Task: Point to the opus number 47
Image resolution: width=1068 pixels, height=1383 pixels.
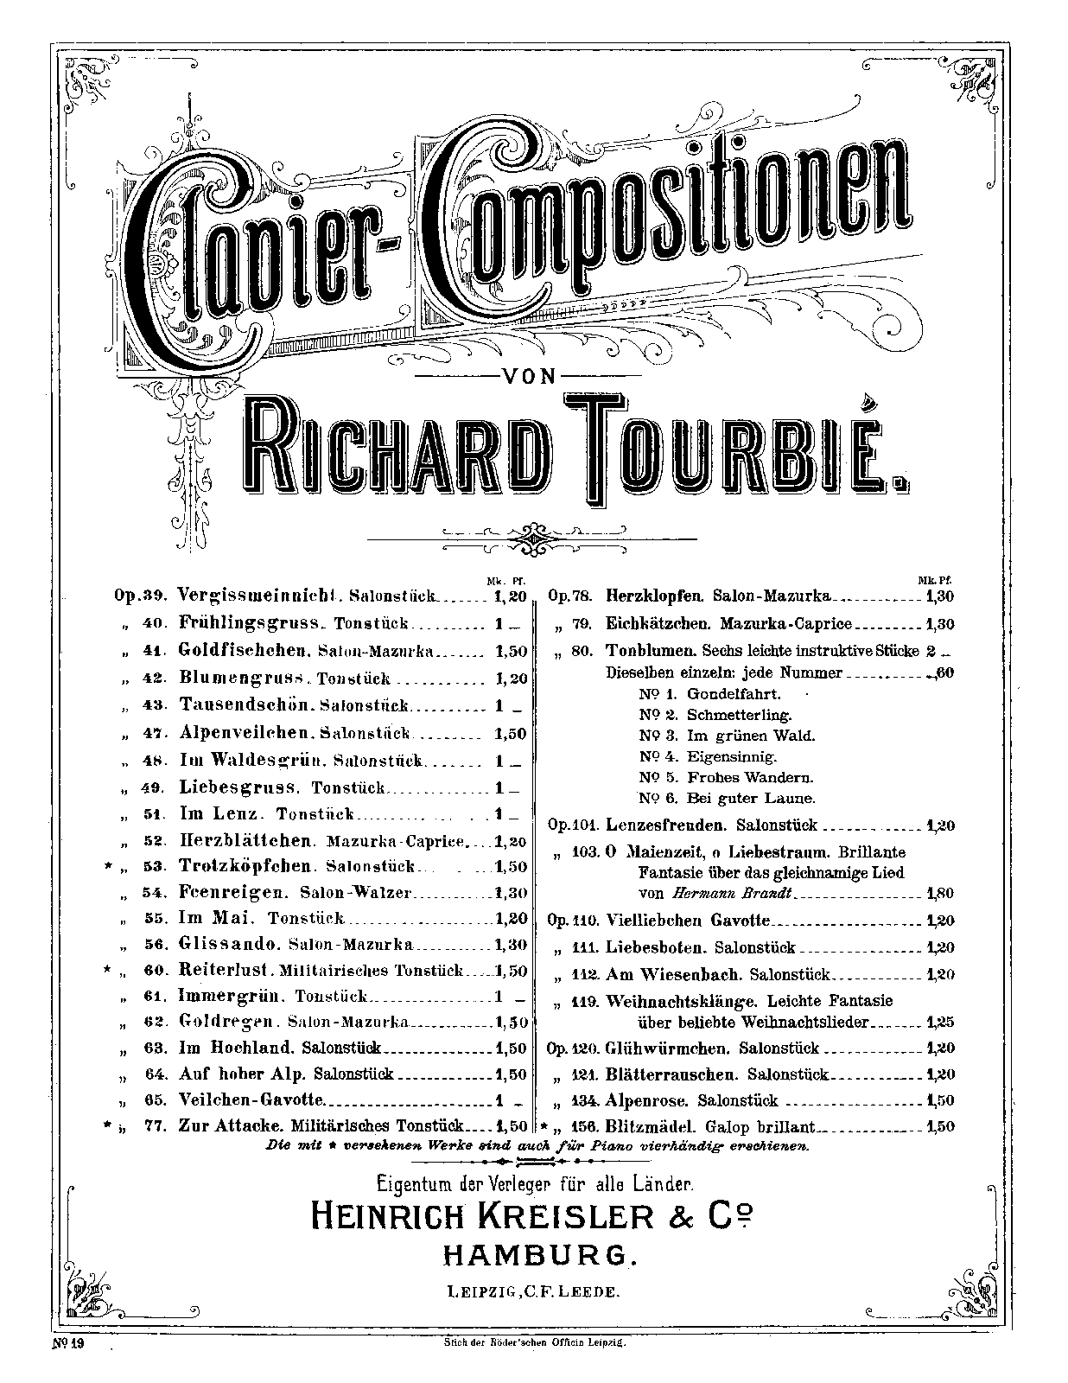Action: point(153,733)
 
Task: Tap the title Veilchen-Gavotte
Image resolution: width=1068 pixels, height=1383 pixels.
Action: point(250,1100)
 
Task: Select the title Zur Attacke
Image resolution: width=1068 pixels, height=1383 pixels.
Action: point(230,1126)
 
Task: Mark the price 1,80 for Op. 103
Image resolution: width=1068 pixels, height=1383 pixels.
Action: point(939,894)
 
